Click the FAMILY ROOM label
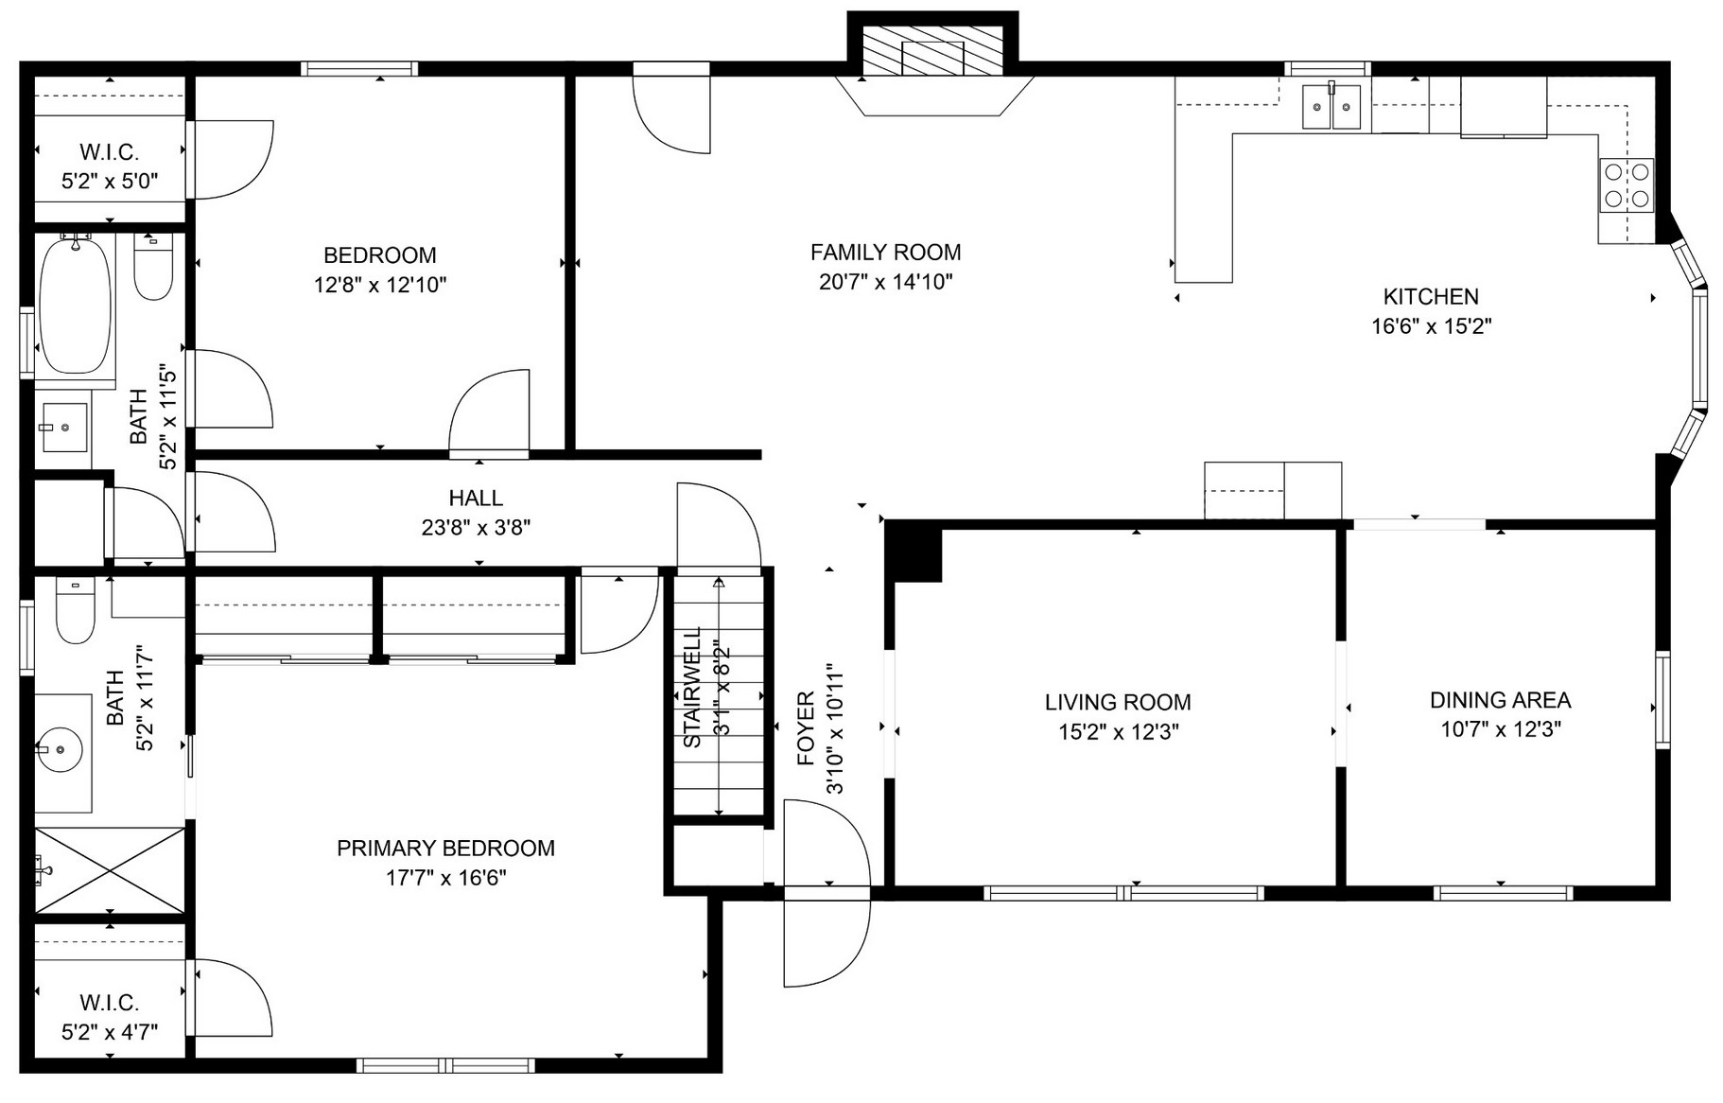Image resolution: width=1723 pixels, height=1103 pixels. tap(885, 253)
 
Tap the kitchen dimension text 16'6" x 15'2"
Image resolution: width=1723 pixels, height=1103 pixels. tap(1431, 327)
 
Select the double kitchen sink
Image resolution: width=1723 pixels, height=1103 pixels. tap(1331, 107)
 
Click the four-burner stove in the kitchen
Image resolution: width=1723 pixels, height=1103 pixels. tap(1627, 185)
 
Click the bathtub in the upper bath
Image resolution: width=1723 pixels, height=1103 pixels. tap(75, 306)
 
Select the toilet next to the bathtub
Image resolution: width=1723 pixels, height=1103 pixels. tap(152, 268)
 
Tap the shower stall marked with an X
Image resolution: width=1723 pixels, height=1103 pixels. tap(110, 870)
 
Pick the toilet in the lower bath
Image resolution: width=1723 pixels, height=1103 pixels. tap(75, 611)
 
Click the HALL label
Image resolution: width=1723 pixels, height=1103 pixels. tap(476, 499)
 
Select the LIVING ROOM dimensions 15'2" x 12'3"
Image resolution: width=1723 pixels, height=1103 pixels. tap(1118, 732)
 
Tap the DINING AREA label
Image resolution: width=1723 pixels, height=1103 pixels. tap(1500, 701)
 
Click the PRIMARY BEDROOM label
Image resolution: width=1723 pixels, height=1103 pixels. tap(445, 849)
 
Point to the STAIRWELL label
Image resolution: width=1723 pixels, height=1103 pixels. tap(692, 686)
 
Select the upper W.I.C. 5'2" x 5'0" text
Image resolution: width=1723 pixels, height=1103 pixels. tap(110, 182)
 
